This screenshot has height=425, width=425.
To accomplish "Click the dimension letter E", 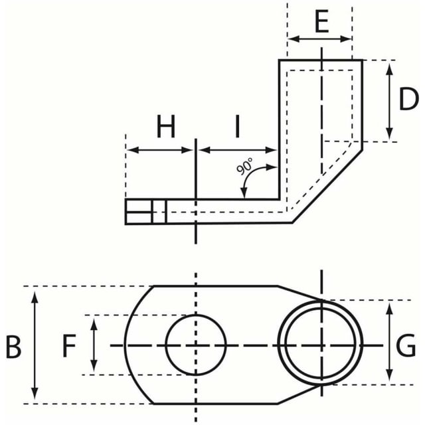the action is [321, 21].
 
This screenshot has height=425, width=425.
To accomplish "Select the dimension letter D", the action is [409, 99].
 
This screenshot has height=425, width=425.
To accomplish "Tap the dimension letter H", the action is [166, 126].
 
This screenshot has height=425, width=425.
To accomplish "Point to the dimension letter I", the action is [238, 126].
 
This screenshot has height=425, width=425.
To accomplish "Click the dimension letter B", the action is [13, 347].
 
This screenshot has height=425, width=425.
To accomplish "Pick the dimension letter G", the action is [406, 345].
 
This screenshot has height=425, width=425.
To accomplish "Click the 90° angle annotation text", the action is [244, 166].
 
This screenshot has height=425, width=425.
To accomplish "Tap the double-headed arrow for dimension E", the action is [320, 39].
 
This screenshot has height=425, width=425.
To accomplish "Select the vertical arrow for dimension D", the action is [389, 102].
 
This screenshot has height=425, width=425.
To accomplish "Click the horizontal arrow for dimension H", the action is [159, 149].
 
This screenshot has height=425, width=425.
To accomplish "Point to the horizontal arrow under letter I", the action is [238, 149].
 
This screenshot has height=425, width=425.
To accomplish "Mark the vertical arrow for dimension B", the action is [35, 345].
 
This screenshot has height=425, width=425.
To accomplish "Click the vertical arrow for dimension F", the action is [94, 345].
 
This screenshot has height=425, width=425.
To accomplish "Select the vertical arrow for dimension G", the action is [389, 343].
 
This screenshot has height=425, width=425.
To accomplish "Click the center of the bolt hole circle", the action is [196, 345].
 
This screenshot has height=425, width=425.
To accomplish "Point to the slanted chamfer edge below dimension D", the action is [327, 186].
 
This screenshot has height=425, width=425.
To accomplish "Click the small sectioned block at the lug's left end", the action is [146, 212].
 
